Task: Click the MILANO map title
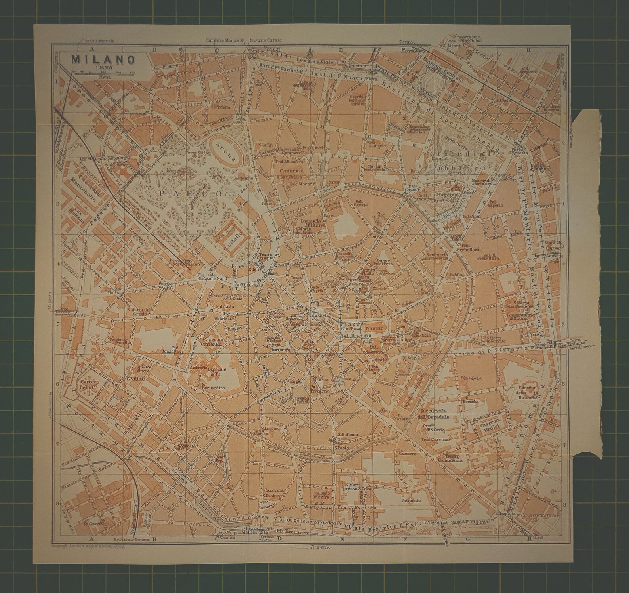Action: tap(103, 59)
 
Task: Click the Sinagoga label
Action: tap(471, 378)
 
